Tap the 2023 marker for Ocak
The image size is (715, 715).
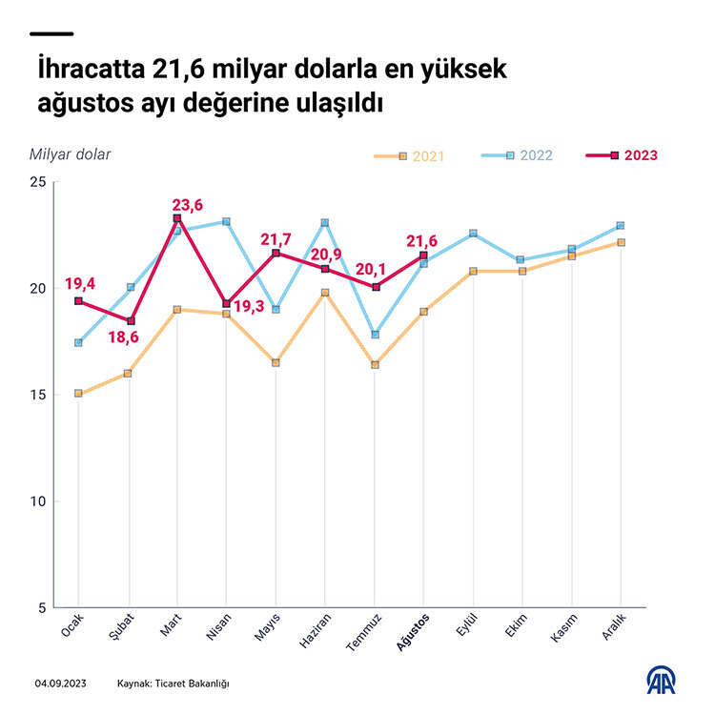click(x=79, y=301)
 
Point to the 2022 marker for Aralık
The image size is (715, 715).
click(x=620, y=226)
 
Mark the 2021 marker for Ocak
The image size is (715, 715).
click(x=79, y=394)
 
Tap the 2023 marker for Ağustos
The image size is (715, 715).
click(x=423, y=255)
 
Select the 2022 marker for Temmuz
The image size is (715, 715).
click(x=375, y=335)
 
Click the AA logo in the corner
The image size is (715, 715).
click(x=663, y=680)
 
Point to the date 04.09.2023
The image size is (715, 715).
click(x=62, y=684)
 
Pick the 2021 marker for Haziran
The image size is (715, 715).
click(x=325, y=293)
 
